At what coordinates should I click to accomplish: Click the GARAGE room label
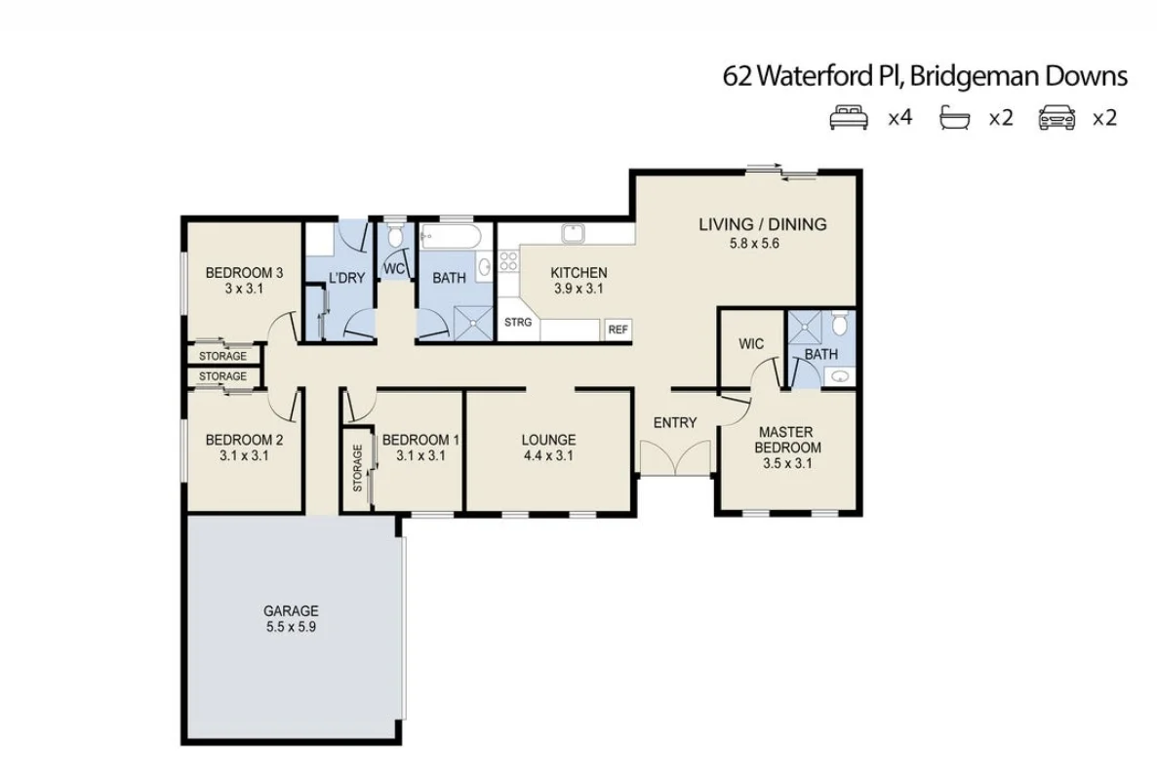[x=291, y=611]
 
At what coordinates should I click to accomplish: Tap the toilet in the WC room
[x=394, y=237]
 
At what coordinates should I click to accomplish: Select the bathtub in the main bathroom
[x=450, y=235]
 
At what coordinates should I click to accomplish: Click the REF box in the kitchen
[x=618, y=330]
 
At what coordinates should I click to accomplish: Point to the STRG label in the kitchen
[x=518, y=323]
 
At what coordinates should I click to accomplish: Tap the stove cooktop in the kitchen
[x=508, y=260]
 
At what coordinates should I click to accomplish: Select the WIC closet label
[x=751, y=344]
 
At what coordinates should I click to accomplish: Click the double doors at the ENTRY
[x=675, y=456]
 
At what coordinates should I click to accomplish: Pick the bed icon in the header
[x=848, y=119]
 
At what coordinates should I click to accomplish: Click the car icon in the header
[x=1057, y=119]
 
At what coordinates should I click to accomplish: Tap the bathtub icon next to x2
[x=955, y=119]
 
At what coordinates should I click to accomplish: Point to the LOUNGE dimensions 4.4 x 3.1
[x=547, y=455]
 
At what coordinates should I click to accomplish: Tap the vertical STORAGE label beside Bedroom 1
[x=358, y=468]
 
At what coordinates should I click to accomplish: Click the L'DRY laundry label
[x=346, y=278]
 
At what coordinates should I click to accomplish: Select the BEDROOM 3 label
[x=244, y=273]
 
